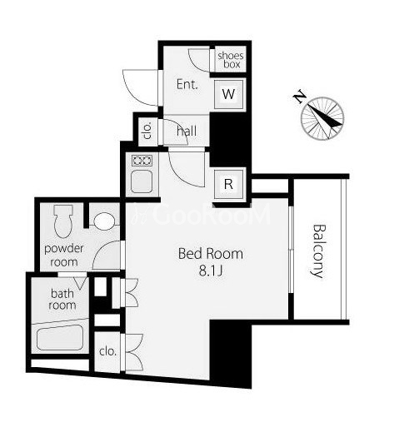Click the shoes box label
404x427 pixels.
coord(231,60)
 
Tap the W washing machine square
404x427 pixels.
coord(228,94)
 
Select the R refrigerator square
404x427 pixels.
coord(228,183)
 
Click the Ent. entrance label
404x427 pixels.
coord(187,84)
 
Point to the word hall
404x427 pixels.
coord(187,131)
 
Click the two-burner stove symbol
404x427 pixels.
coord(142,161)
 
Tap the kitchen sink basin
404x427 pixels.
coord(142,181)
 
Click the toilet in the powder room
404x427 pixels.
coord(63,221)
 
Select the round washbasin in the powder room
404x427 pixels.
coord(104,221)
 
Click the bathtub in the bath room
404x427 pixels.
coord(60,337)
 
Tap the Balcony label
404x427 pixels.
coord(319,251)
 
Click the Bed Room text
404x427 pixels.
coord(211,254)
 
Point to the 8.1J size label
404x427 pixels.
coord(211,271)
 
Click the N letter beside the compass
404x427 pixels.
coord(300,97)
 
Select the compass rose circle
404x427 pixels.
coord(322,118)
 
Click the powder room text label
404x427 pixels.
coord(63,255)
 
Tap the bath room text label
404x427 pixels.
coord(62,299)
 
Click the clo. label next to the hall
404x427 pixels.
coord(148,130)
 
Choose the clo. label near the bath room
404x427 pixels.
coord(107,351)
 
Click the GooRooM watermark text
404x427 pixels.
coord(201,214)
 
